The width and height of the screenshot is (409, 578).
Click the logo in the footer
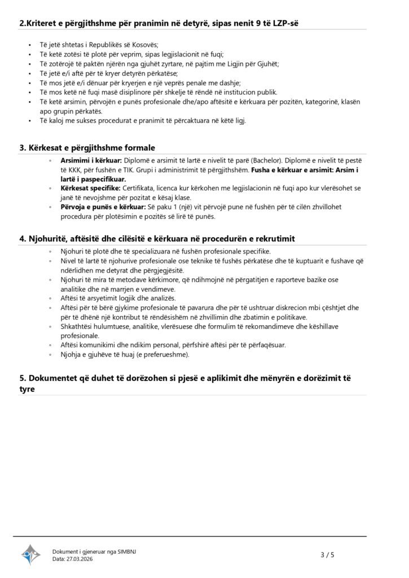[31, 555]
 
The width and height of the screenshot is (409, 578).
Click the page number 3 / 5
[327, 555]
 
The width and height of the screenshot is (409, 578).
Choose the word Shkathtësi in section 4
[77, 326]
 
